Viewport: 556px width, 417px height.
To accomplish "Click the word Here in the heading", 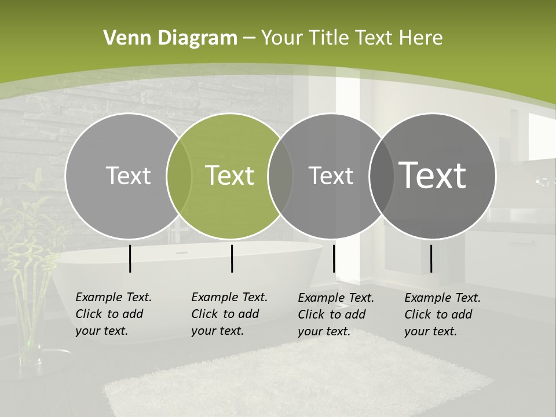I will (x=421, y=38).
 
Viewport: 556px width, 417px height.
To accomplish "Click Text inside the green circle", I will (x=229, y=175).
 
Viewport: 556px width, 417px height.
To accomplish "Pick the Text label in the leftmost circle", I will (x=128, y=175).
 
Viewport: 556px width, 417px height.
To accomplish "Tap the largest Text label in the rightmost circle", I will (x=433, y=175).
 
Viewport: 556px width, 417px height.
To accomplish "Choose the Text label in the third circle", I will (x=331, y=175).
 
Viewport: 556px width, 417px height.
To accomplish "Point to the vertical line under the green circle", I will (x=232, y=258).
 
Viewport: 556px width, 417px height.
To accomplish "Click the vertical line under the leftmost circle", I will (x=130, y=258).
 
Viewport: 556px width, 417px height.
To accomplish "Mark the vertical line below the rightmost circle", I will (x=431, y=258).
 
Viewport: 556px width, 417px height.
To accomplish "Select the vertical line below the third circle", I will (x=334, y=258).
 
